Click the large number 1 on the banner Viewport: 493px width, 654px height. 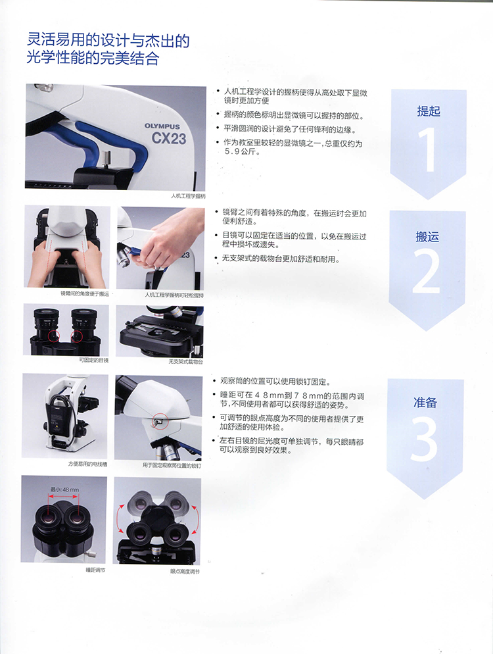428,150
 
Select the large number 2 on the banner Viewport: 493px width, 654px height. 427,272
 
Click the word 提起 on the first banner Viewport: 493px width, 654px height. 428,111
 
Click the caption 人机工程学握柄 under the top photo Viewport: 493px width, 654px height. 188,196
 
